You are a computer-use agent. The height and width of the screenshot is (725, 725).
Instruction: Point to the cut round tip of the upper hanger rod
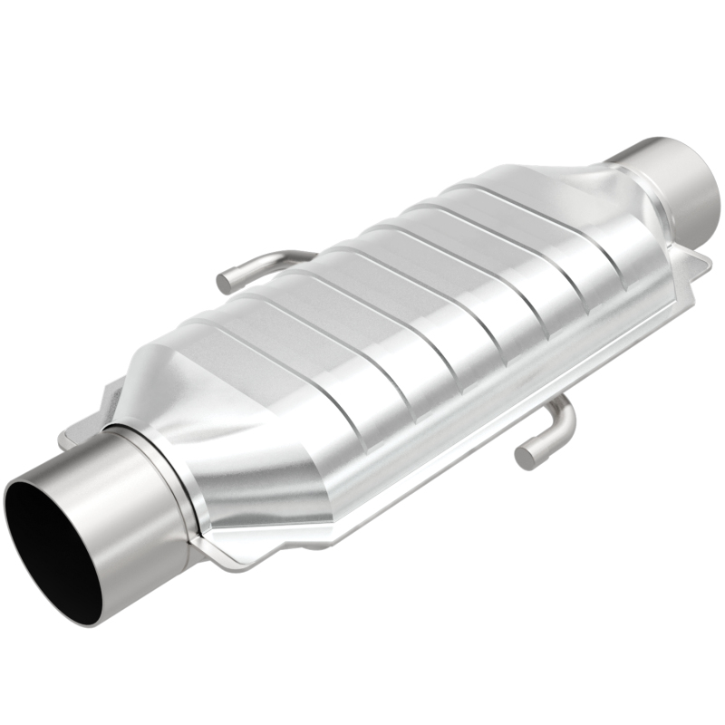tap(225, 281)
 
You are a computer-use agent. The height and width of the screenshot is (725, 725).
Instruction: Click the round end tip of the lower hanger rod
tap(526, 457)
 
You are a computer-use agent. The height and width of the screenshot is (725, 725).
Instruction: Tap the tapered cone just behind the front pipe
tap(236, 453)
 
